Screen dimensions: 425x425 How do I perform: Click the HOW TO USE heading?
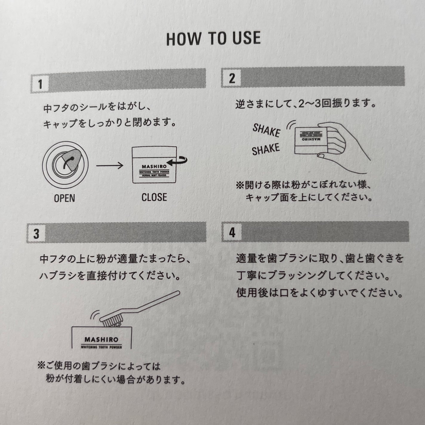(x=213, y=39)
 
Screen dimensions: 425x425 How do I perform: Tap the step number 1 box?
(x=40, y=84)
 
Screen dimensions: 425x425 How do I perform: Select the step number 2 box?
(x=232, y=78)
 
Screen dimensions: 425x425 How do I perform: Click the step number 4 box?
(x=232, y=232)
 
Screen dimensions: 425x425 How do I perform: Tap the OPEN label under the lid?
(x=64, y=198)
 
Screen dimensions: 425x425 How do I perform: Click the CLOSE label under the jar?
(x=154, y=197)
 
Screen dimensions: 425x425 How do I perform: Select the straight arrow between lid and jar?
(x=110, y=165)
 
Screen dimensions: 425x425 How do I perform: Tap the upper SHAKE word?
(x=266, y=130)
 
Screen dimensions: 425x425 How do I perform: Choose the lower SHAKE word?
(x=266, y=149)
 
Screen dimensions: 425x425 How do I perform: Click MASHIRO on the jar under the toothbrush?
(x=101, y=339)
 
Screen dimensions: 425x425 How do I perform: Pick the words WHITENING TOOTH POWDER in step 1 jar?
(x=154, y=171)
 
